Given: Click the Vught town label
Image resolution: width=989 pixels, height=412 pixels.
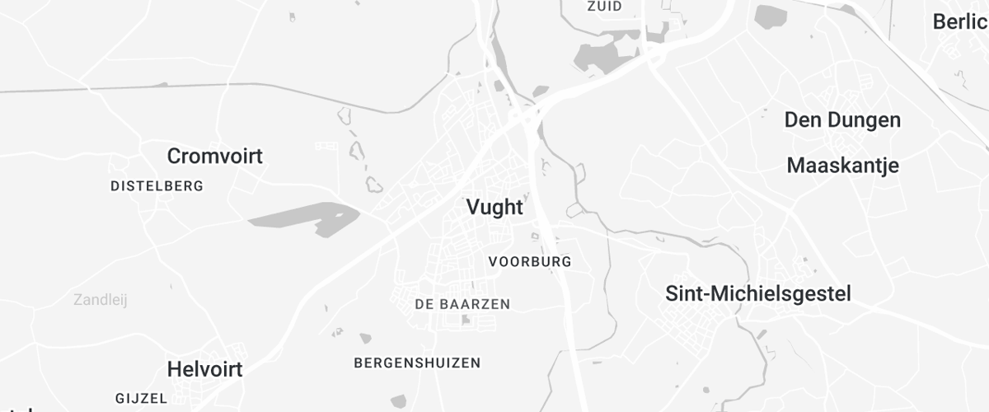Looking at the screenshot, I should click(x=494, y=207).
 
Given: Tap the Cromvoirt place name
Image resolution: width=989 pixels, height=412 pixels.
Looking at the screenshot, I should click(x=214, y=156).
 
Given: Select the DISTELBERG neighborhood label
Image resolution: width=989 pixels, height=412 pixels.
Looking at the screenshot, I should click(x=157, y=186).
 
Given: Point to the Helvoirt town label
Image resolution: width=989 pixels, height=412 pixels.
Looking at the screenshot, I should click(x=204, y=369).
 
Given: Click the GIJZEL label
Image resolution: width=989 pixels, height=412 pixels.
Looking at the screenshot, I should click(x=142, y=398).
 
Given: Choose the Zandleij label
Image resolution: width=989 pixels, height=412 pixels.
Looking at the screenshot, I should click(x=100, y=300).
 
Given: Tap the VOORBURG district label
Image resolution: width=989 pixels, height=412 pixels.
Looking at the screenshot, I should click(x=529, y=262).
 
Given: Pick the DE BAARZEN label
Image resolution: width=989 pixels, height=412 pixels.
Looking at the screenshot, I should click(x=462, y=304).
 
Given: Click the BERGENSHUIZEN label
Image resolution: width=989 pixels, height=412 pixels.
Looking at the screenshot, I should click(x=417, y=363).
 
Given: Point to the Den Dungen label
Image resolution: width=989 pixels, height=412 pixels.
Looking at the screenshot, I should click(x=842, y=120).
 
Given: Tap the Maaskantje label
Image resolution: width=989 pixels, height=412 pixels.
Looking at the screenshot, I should click(x=842, y=166).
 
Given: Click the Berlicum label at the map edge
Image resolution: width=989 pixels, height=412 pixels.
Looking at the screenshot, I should click(x=960, y=22).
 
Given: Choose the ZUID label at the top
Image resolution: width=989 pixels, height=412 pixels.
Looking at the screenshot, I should click(x=604, y=7).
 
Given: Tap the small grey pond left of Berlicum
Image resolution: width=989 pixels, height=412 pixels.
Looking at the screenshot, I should click(x=771, y=16).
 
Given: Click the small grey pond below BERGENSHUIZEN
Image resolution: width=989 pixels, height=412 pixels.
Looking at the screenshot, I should click(x=399, y=400).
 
